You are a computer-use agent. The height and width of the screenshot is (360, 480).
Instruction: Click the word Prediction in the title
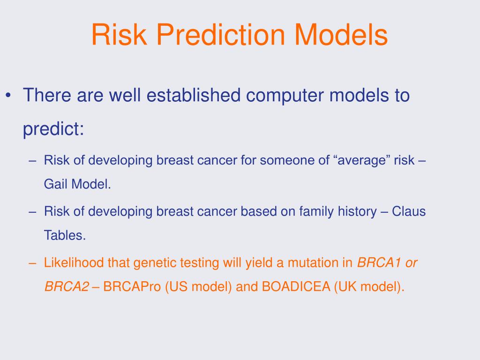[x=221, y=35]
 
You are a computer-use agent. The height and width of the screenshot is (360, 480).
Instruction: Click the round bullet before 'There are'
[x=8, y=95]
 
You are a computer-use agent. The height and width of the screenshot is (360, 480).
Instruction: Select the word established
[x=194, y=95]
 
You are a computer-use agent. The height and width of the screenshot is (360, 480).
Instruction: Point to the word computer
[x=285, y=96]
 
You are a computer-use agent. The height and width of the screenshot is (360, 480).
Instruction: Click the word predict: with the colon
[x=53, y=129]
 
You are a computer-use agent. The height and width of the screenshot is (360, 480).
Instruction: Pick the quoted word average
[x=360, y=160]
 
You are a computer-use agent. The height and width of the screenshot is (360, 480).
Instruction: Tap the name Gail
[x=56, y=184]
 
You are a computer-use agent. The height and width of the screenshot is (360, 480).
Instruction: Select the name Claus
[x=409, y=211]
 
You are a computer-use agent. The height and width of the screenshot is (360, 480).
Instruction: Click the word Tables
[x=65, y=235]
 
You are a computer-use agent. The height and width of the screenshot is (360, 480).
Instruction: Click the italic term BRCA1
[x=379, y=262]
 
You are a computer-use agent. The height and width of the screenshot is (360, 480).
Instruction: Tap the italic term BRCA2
[x=67, y=286]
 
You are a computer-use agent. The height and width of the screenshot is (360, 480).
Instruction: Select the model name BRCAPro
[x=132, y=286]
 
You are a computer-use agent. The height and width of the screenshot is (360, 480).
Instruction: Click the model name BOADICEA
[x=296, y=286]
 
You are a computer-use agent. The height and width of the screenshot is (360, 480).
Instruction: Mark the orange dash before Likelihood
[x=32, y=263]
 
